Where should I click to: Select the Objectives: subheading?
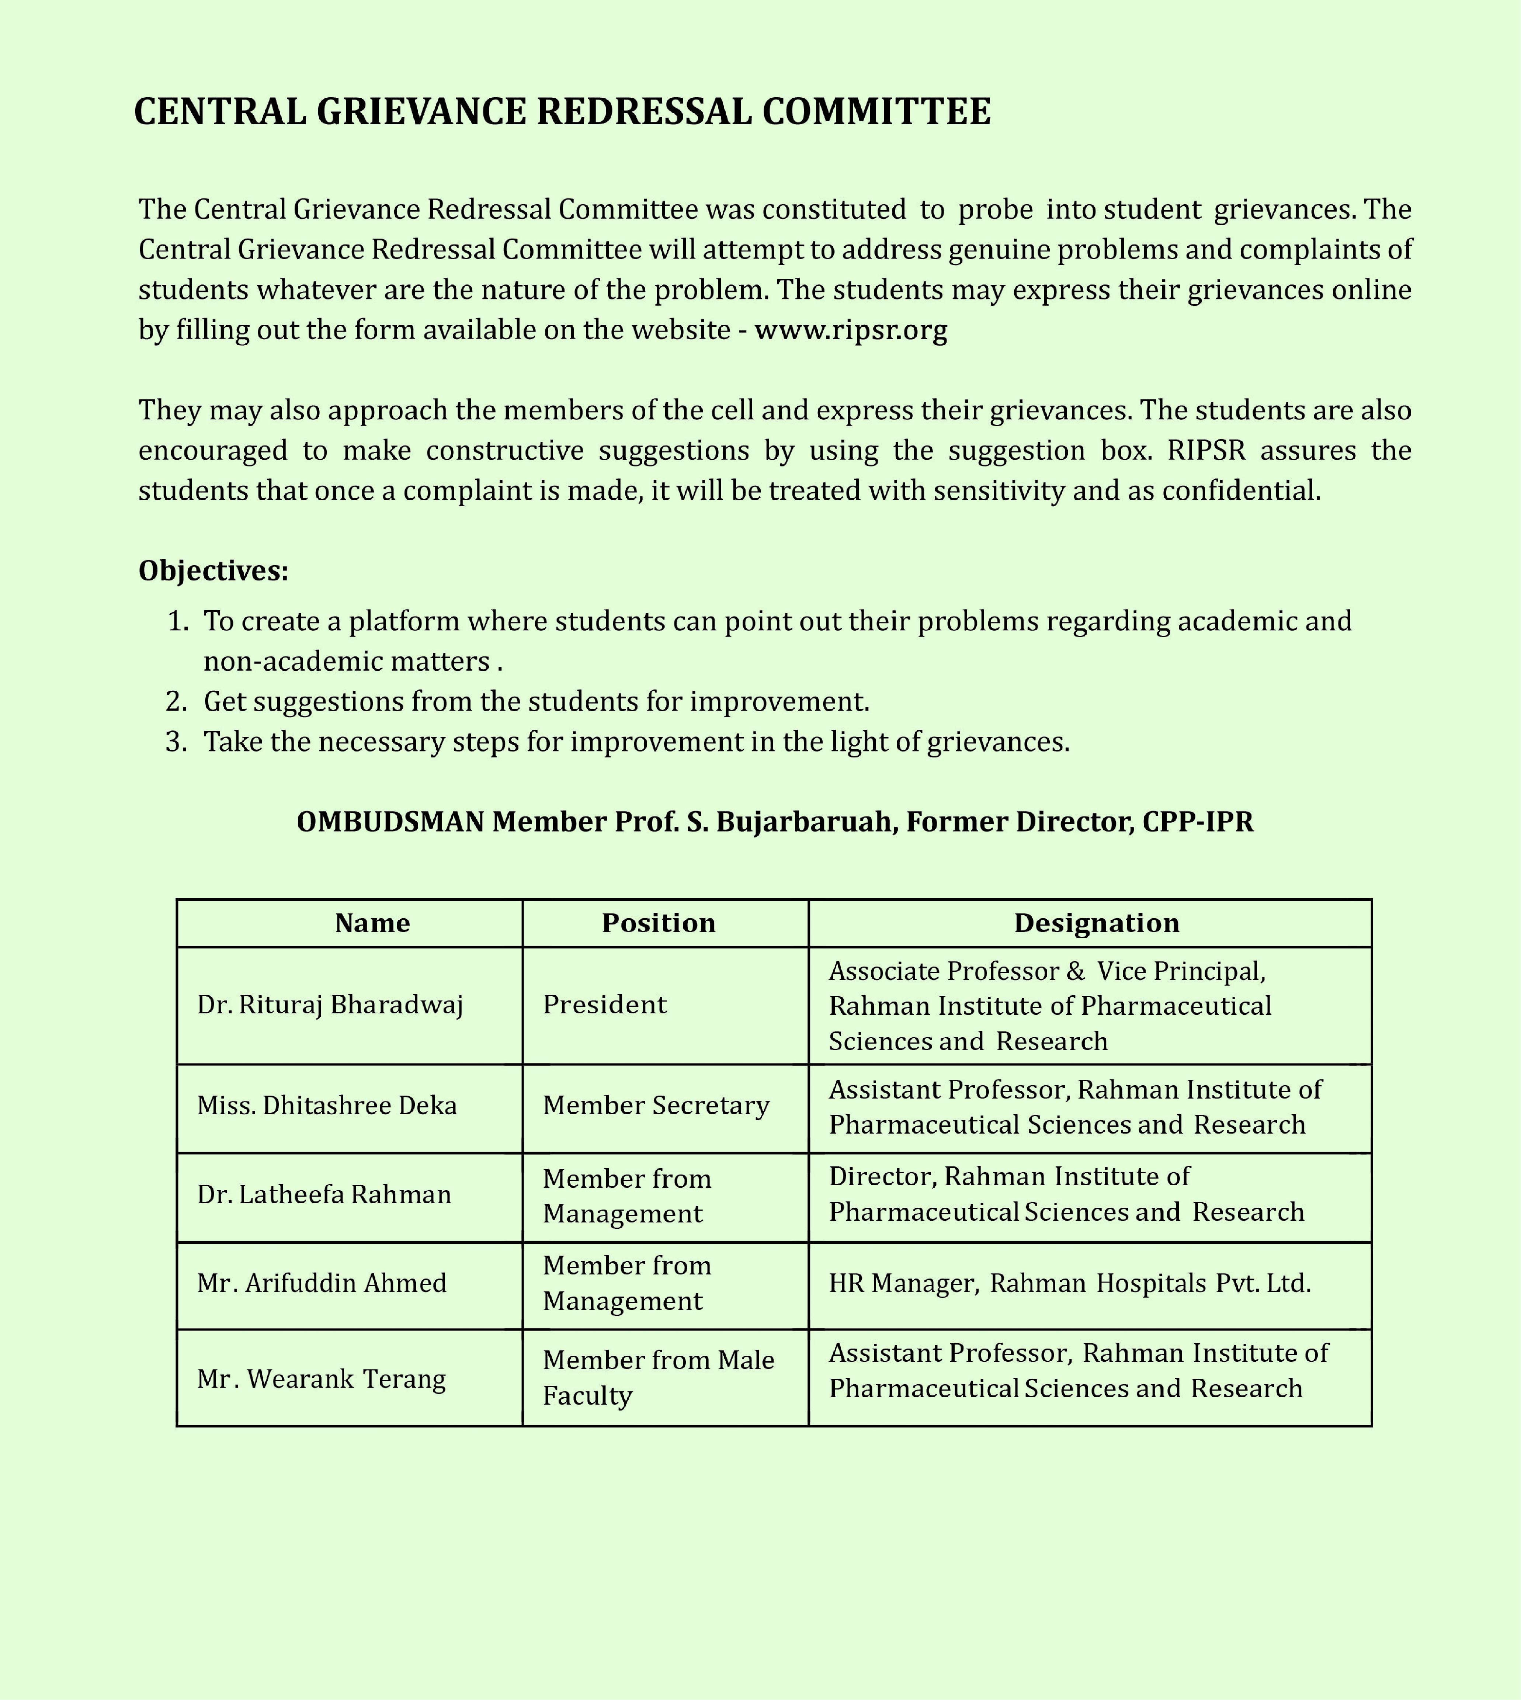213,571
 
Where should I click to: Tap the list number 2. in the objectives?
176,701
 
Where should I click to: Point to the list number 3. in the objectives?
176,741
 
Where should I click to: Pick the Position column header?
659,923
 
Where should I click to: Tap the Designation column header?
1097,923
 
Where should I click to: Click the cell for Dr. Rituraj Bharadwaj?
330,1005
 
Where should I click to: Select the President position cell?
605,1005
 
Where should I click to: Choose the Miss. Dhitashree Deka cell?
327,1106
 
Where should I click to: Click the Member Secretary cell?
656,1106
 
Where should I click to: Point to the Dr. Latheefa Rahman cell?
324,1194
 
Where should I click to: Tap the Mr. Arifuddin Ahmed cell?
322,1283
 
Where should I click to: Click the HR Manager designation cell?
1070,1283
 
